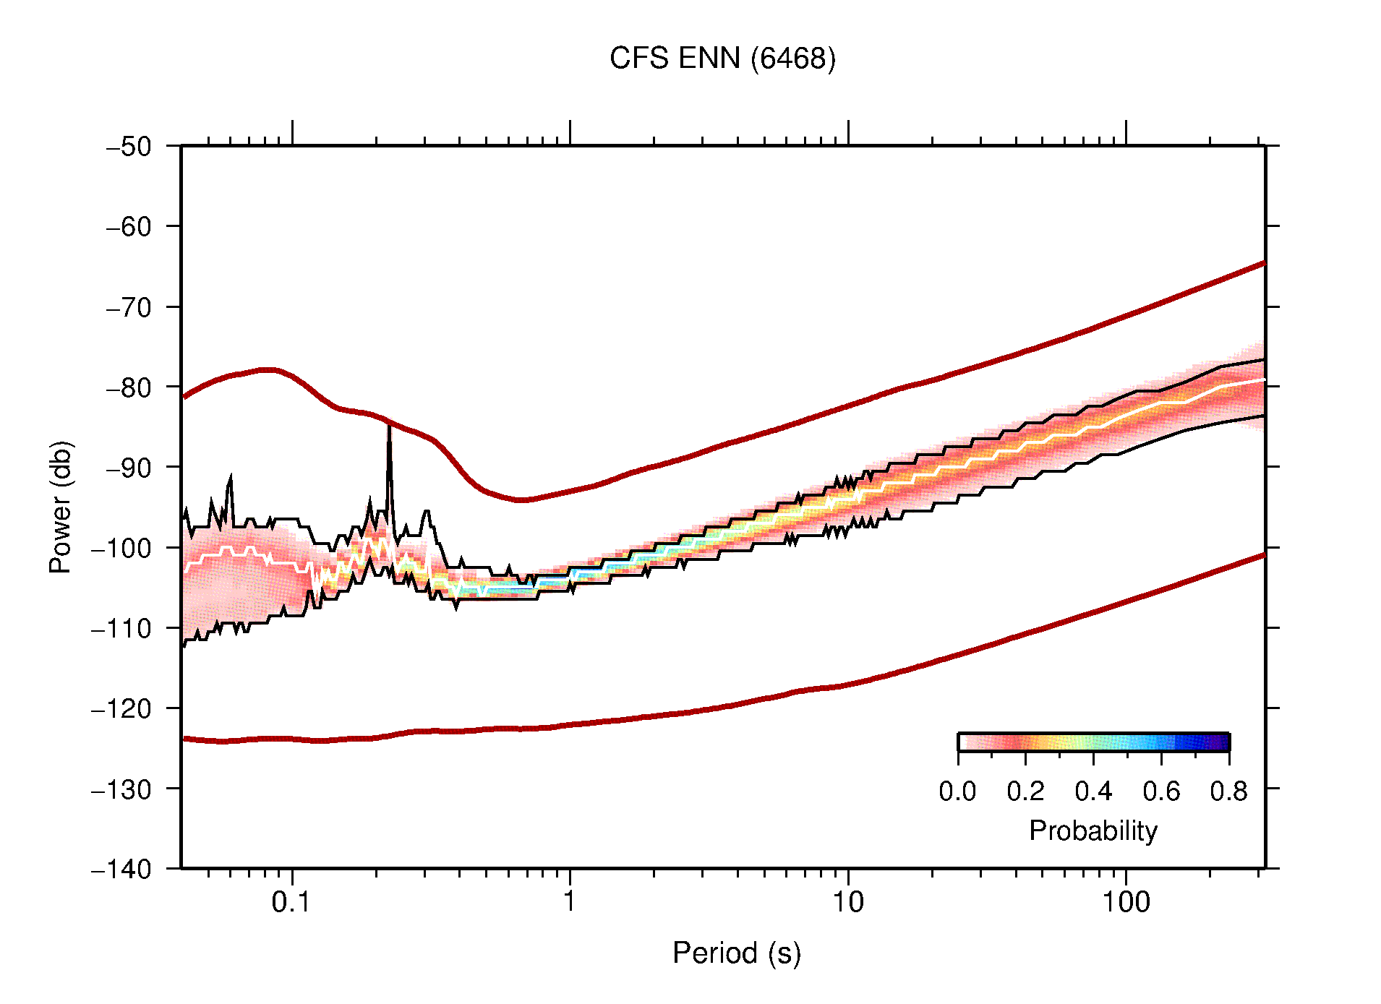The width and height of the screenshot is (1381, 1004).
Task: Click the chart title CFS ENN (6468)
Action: click(x=722, y=58)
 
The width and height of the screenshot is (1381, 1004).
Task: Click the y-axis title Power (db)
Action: click(x=61, y=507)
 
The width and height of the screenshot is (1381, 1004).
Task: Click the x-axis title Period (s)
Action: click(x=736, y=953)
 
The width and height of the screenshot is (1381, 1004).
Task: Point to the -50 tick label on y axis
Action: click(x=129, y=147)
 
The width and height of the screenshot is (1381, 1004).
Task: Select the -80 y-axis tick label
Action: click(x=129, y=387)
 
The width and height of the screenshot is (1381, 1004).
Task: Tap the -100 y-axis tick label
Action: click(x=121, y=548)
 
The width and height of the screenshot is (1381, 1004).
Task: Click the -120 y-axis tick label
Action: click(x=121, y=708)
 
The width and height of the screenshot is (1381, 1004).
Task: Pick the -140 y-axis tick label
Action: click(x=121, y=869)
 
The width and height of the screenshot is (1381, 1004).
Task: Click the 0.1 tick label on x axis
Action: click(x=291, y=902)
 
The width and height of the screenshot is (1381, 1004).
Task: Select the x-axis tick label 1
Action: click(x=570, y=902)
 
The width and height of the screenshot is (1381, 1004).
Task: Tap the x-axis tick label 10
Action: click(x=847, y=902)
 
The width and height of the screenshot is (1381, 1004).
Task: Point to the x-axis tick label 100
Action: click(x=1125, y=902)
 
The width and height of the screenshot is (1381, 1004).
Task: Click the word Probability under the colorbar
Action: click(x=1093, y=831)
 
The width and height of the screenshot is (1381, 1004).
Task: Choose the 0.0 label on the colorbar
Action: click(x=957, y=791)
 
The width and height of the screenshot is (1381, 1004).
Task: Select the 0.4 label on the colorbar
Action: click(x=1093, y=791)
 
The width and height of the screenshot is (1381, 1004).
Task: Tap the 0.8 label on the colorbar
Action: click(x=1228, y=791)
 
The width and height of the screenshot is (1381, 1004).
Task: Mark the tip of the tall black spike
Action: click(x=389, y=425)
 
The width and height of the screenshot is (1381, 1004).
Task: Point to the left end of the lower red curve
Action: click(x=184, y=739)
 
